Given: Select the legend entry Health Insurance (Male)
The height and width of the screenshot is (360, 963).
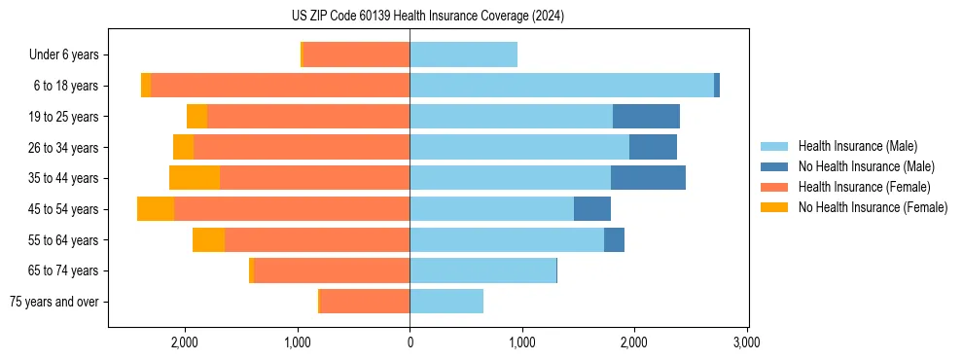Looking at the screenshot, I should tap(857, 146).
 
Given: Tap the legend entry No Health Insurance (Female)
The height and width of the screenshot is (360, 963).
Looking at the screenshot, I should tap(873, 207).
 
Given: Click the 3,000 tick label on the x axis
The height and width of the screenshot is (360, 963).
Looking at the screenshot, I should tap(746, 343).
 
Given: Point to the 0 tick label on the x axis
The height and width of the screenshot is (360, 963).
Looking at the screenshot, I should tap(410, 343).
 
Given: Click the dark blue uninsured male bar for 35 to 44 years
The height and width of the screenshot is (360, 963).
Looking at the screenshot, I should tap(648, 178).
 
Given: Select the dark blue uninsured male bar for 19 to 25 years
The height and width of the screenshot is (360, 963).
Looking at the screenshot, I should tap(646, 117).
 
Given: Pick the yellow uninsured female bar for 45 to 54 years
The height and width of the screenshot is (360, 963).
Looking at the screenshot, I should tap(156, 209).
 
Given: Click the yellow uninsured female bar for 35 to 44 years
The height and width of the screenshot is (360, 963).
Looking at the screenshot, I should tap(195, 178).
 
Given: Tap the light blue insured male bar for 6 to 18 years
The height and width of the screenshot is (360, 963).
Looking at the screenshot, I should tap(561, 86).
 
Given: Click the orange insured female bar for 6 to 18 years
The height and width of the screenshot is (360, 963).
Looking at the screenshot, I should tap(280, 86).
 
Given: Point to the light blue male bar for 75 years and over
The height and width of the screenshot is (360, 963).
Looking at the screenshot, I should tap(446, 302).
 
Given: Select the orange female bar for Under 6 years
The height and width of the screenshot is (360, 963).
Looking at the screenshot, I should tap(356, 55).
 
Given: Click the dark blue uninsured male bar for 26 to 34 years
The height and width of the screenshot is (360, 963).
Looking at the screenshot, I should tap(653, 148).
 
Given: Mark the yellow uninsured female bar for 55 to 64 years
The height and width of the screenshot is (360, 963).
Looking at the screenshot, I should tap(208, 240).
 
